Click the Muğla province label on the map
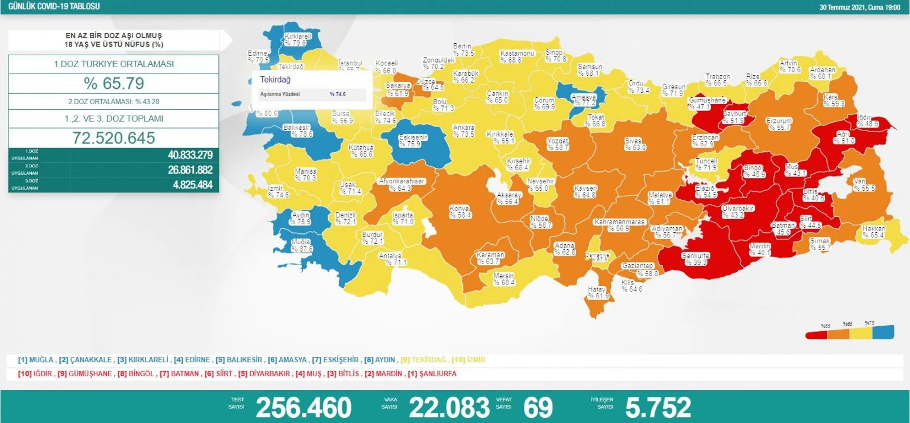coord(301,245)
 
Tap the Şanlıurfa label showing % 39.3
coord(695,259)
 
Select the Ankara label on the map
coord(464,131)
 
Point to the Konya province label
coord(460,212)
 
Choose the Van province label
coord(864,184)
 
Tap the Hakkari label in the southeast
coord(874,232)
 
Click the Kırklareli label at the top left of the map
coord(297,39)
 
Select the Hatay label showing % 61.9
coord(598,293)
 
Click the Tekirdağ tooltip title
coord(275,80)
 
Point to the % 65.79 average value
coord(114,84)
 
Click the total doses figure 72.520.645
coord(114,138)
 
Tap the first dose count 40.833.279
coord(190,155)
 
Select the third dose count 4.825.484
coord(192,184)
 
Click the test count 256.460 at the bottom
coord(304,407)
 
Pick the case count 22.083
coord(449,407)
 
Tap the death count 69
coord(537,407)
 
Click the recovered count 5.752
coord(658,407)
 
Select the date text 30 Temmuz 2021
coord(842,7)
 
